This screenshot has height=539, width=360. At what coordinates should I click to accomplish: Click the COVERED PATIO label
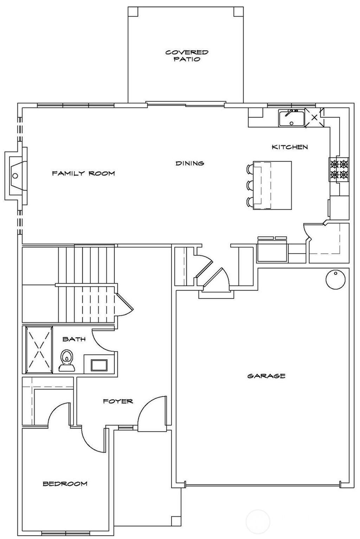(187, 56)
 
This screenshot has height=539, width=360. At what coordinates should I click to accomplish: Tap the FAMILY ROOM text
(83, 173)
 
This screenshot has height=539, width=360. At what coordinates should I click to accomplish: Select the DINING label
(190, 163)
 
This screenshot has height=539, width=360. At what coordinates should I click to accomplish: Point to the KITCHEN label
(290, 147)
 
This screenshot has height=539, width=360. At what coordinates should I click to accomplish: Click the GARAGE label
(266, 376)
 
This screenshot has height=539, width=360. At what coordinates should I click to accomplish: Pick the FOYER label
(118, 401)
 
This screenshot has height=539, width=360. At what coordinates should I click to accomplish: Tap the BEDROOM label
(65, 484)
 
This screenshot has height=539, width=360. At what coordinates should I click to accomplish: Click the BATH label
(74, 339)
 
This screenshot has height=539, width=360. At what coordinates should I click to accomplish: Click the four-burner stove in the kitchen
(339, 169)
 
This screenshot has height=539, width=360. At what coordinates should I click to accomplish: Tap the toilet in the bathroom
(66, 360)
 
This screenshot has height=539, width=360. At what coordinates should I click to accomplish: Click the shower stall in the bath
(38, 350)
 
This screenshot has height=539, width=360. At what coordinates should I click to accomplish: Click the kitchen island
(272, 185)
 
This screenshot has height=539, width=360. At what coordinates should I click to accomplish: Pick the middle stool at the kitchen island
(250, 185)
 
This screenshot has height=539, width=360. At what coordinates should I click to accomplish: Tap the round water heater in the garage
(335, 280)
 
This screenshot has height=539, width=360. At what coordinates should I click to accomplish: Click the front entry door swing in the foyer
(151, 415)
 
